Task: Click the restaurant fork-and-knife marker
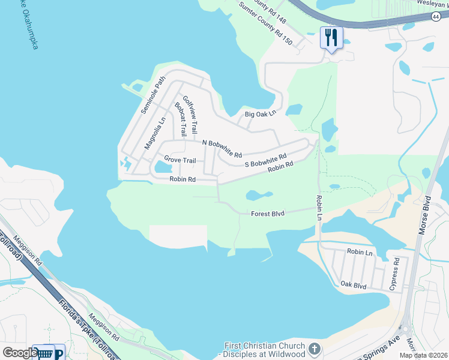331,38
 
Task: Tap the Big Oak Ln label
260,113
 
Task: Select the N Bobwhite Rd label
221,148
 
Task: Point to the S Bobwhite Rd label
265,161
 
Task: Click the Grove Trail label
180,160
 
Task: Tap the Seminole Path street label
152,95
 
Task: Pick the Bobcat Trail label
179,119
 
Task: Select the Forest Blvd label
267,213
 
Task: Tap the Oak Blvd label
353,286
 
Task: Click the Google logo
19,352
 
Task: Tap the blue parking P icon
59,354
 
